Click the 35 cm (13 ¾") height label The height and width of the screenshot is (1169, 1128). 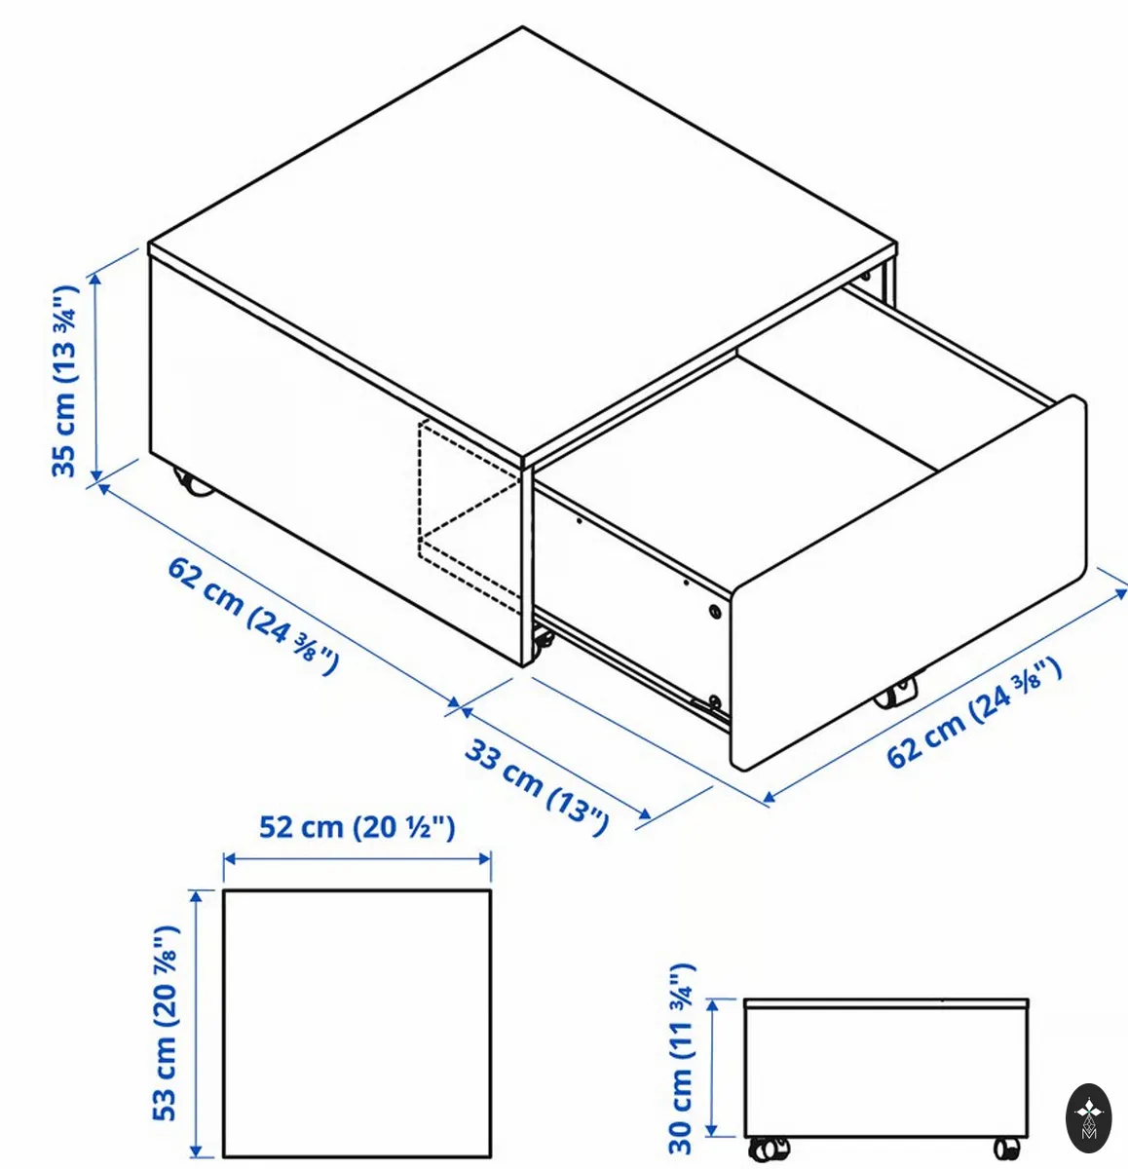pyautogui.click(x=65, y=382)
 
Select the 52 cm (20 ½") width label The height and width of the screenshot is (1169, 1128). pyautogui.click(x=357, y=828)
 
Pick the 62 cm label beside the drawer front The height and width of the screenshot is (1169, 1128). pyautogui.click(x=974, y=713)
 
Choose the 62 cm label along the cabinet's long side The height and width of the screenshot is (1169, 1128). pyautogui.click(x=253, y=617)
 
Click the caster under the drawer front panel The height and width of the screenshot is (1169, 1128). pyautogui.click(x=895, y=694)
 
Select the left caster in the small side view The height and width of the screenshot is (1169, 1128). pyautogui.click(x=769, y=1148)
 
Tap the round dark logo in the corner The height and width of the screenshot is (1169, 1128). pyautogui.click(x=1088, y=1118)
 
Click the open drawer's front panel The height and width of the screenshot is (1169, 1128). pyautogui.click(x=907, y=582)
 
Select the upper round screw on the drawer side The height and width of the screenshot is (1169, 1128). pyautogui.click(x=714, y=612)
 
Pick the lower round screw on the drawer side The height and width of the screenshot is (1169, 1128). pyautogui.click(x=714, y=700)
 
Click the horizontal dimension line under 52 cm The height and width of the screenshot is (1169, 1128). pyautogui.click(x=357, y=859)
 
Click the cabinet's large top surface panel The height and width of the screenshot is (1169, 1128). pyautogui.click(x=522, y=246)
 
